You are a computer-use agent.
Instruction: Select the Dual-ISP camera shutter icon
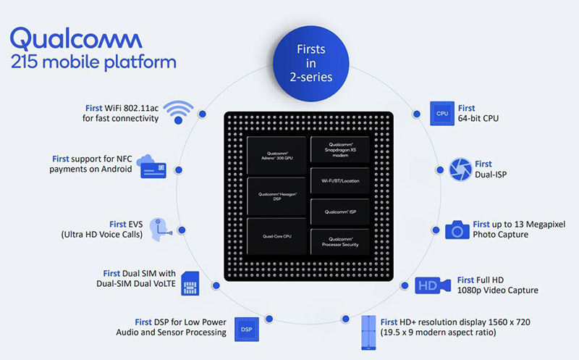point(460,168)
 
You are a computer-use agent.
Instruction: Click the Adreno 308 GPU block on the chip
point(278,156)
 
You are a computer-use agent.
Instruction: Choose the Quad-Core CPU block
point(278,235)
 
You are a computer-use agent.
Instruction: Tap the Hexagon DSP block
point(278,196)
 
